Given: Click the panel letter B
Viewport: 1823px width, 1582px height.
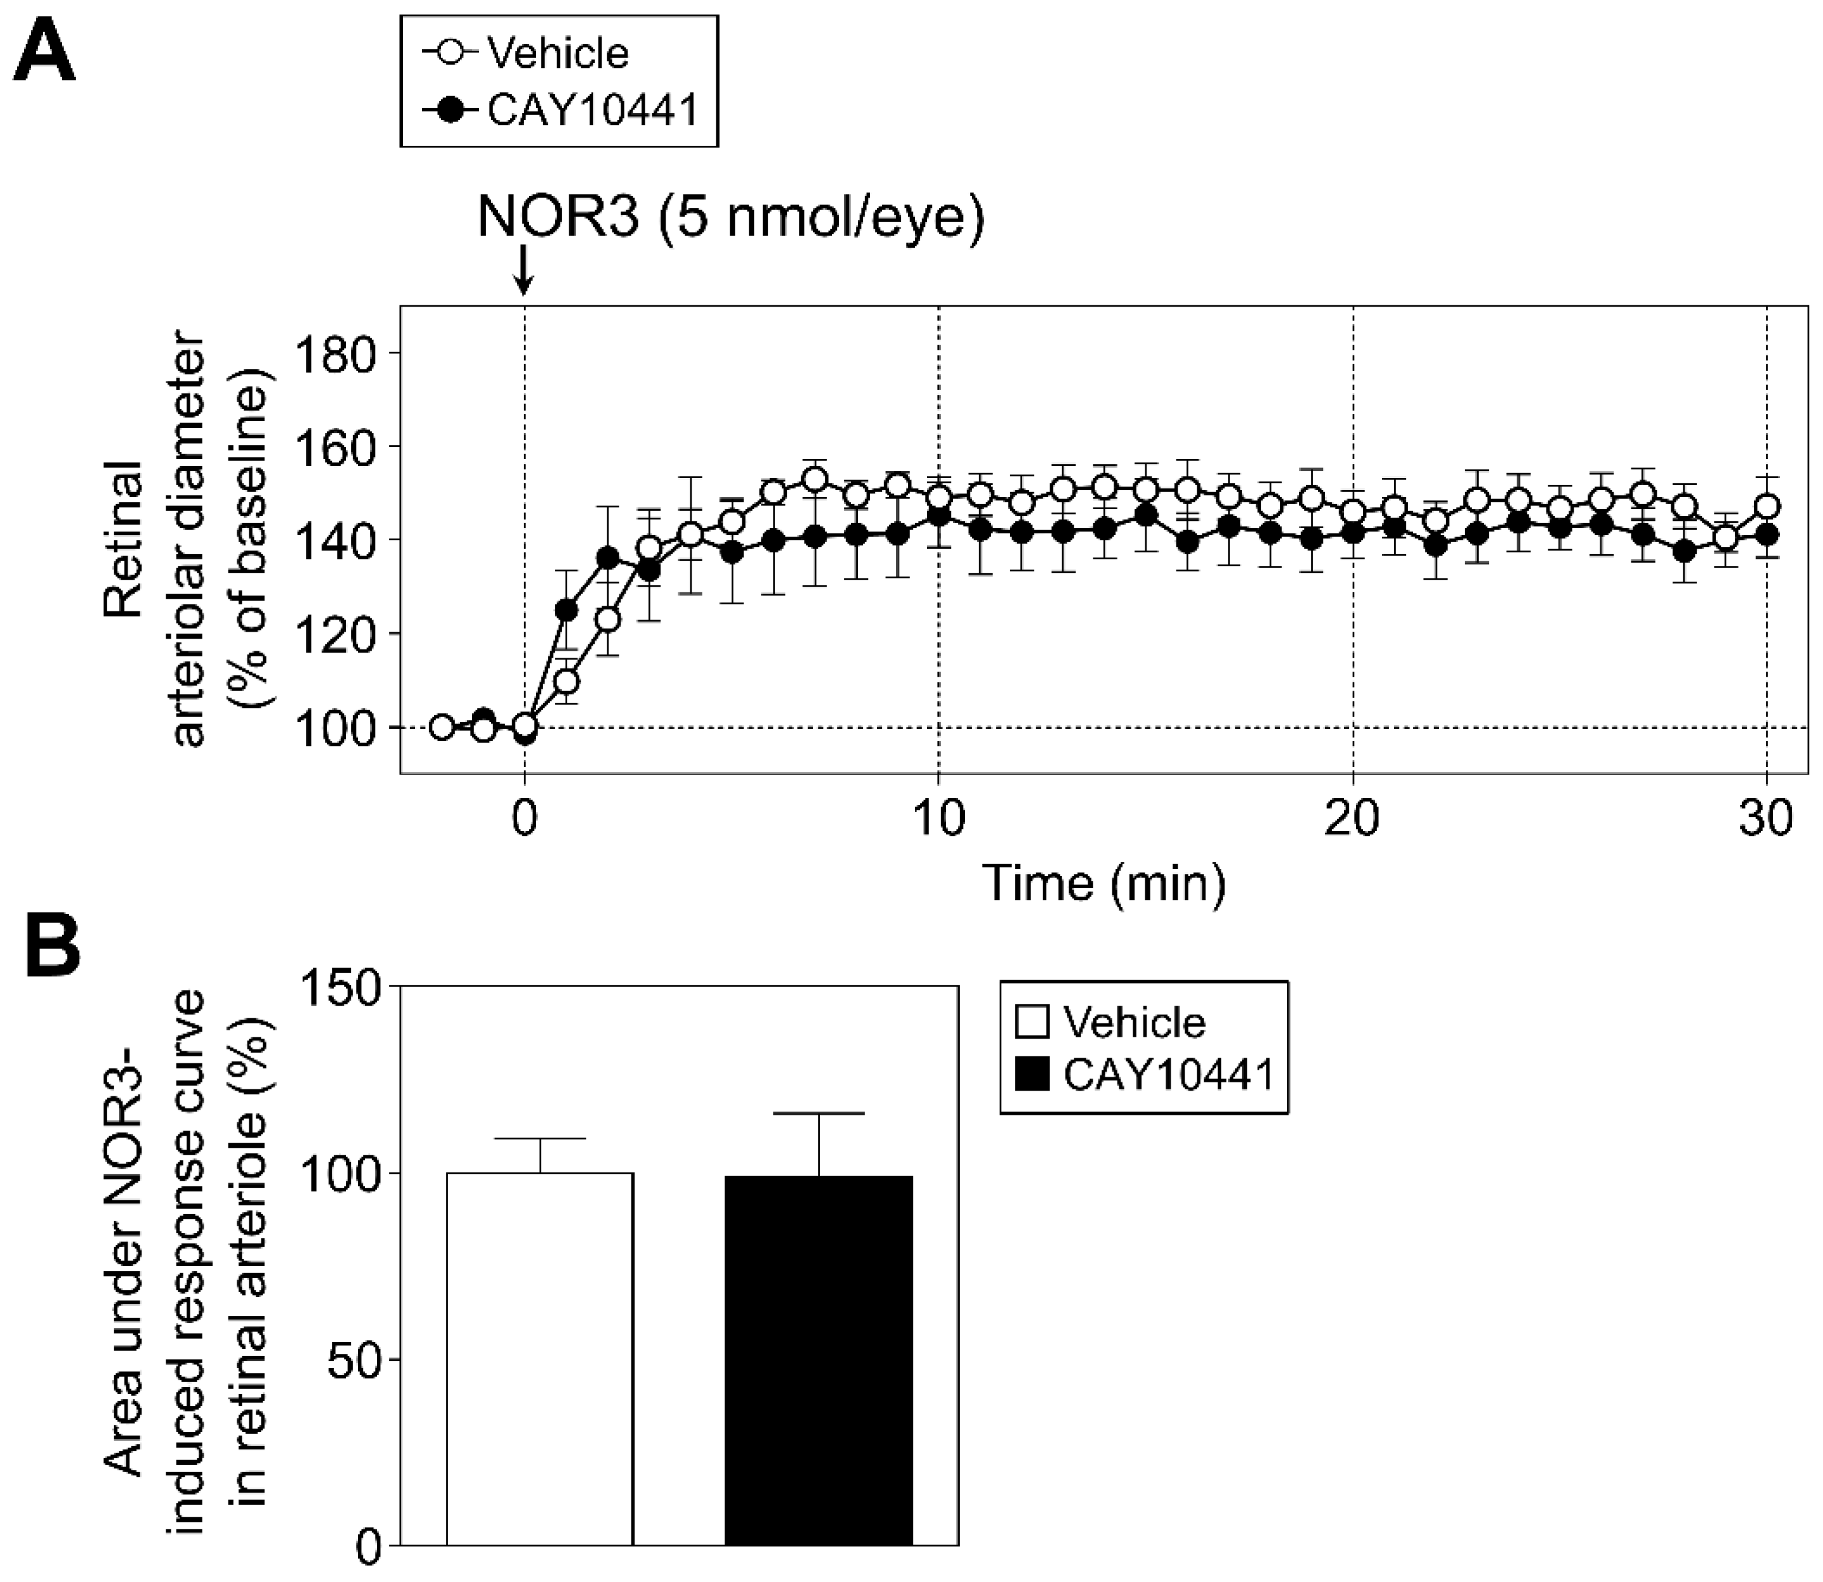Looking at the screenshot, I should tap(53, 947).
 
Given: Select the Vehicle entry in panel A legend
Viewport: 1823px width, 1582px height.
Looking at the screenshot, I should tap(558, 54).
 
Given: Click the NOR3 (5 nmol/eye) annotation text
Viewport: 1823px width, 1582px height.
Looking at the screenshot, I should tap(730, 217).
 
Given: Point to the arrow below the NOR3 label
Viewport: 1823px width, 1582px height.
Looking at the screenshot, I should tap(524, 271).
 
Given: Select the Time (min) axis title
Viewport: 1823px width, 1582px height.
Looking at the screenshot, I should tap(1104, 883).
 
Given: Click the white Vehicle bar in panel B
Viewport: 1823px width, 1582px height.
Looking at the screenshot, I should tap(540, 1360).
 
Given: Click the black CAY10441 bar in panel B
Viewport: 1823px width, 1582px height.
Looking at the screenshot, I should tap(818, 1360).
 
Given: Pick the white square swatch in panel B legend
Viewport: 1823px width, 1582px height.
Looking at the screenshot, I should tap(1033, 1022).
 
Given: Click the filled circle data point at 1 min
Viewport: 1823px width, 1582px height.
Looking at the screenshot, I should tap(567, 610).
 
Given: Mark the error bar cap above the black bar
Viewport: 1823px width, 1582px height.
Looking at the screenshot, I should tap(818, 1113).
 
